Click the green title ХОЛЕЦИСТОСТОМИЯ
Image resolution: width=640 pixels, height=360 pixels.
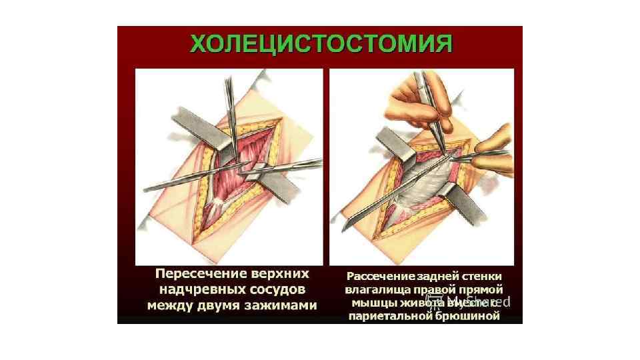click(x=321, y=45)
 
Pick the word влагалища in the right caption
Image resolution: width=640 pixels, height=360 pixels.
click(x=376, y=290)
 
